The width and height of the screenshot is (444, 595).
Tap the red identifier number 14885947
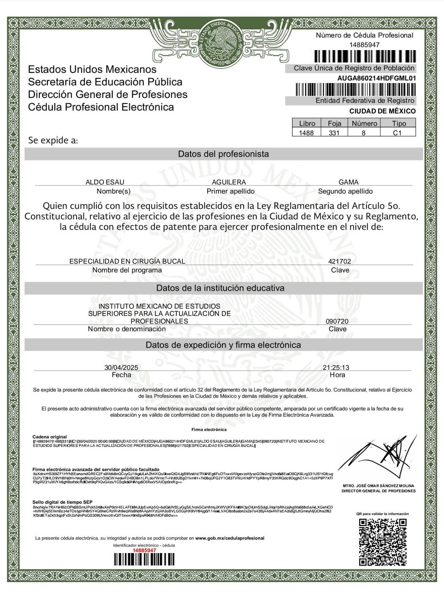click(144, 550)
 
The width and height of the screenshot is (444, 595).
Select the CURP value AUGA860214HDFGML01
click(376, 78)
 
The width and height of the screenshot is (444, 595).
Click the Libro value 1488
click(306, 133)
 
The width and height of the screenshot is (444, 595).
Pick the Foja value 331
click(334, 133)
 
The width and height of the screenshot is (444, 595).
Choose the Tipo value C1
click(397, 133)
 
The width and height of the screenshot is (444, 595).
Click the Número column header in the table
click(364, 123)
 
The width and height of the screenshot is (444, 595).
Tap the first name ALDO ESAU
click(105, 182)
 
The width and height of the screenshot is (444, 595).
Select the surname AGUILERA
click(229, 182)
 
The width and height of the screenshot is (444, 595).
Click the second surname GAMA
click(349, 182)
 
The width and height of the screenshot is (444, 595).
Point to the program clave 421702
click(340, 261)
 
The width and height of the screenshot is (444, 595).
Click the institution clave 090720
click(337, 321)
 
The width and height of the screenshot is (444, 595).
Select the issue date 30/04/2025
click(121, 367)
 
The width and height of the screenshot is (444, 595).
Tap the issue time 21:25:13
click(336, 367)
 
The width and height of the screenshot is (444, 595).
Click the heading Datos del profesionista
click(223, 154)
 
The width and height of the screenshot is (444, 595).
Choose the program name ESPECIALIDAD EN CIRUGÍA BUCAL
click(127, 261)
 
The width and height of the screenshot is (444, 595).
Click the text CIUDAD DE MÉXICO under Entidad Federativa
click(382, 111)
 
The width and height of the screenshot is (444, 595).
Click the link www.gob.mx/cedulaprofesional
click(229, 538)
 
